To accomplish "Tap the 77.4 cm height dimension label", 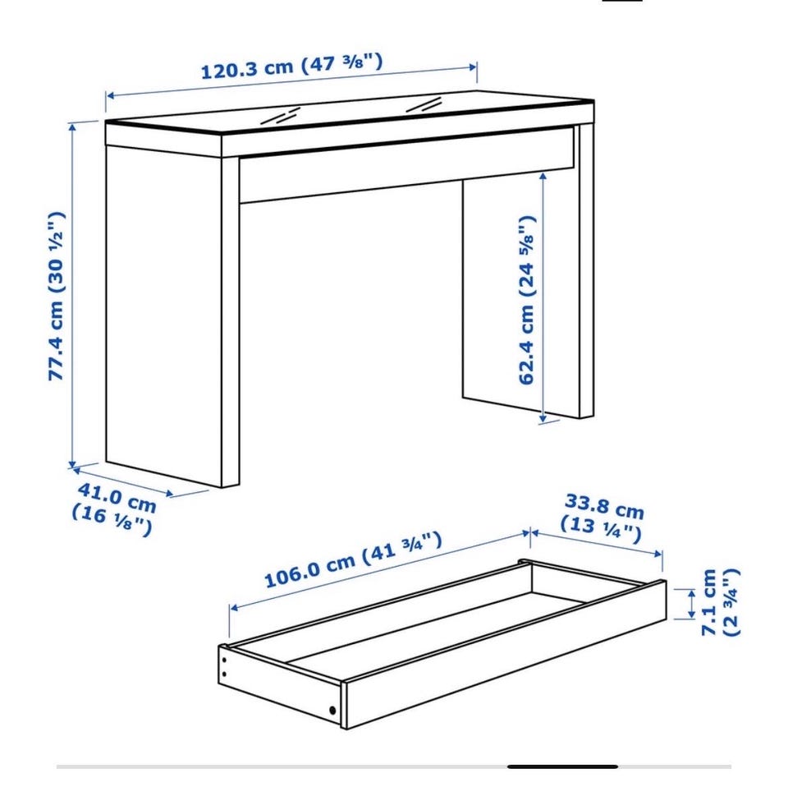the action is (57, 297).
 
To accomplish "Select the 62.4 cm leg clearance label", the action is (527, 300).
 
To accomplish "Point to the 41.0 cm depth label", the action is (114, 509).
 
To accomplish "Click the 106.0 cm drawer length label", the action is (353, 559).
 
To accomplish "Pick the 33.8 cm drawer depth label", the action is (602, 518).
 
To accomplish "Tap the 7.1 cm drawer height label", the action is (721, 602).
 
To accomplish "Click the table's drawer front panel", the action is (406, 165).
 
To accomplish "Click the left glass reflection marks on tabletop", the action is (281, 116).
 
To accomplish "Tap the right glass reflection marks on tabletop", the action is (424, 104).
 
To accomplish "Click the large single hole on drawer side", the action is (332, 711).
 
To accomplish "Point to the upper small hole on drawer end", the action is (224, 660).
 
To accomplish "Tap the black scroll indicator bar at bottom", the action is (562, 766).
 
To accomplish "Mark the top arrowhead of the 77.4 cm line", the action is (73, 127).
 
